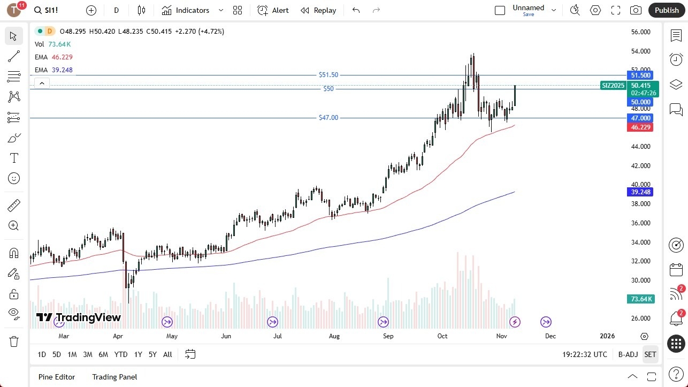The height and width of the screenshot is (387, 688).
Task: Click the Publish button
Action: pos(666,10)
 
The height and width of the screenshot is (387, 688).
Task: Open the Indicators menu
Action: pos(186,10)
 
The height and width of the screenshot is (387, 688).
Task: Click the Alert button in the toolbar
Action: pos(273,10)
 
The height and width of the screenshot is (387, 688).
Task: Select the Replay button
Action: pos(318,10)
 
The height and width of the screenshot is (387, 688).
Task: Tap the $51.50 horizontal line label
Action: pos(328,75)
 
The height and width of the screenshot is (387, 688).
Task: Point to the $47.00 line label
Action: pos(328,118)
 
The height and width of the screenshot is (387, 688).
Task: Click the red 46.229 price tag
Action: pos(640,127)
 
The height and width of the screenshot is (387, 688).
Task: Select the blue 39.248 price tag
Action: pos(640,192)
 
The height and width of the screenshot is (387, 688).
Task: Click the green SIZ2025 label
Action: pos(613,85)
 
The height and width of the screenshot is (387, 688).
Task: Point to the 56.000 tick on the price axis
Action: pos(640,32)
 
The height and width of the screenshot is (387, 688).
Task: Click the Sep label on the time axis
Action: pos(388,336)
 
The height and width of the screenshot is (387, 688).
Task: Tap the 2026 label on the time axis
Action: pos(607,336)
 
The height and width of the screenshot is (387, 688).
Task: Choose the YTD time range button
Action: pos(121,354)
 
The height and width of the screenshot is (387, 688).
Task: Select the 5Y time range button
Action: pos(152,354)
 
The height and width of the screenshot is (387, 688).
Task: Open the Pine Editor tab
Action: pos(57,377)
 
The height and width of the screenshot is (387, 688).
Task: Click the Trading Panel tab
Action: pos(114,377)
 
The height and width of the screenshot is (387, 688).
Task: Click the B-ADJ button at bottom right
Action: pos(628,354)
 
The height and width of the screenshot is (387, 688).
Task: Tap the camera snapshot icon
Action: pos(636,10)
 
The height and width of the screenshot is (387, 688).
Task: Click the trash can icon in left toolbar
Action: pos(14,342)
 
